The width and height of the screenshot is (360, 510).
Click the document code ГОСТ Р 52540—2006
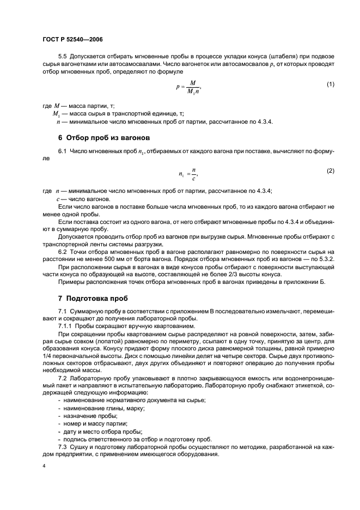coord(72,39)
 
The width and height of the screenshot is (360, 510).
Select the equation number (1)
coord(330,84)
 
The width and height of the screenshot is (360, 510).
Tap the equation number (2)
coord(330,171)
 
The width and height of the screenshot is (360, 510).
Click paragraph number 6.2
coord(64,252)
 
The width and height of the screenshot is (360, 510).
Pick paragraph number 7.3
coord(64,439)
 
